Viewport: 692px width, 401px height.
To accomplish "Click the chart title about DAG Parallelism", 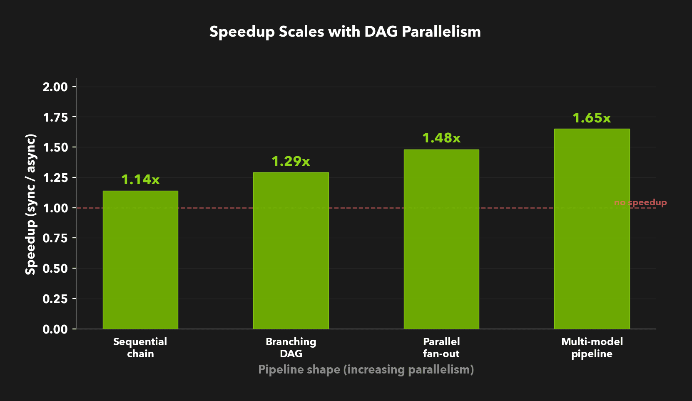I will (x=345, y=32).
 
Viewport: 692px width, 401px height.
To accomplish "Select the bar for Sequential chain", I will (x=140, y=260).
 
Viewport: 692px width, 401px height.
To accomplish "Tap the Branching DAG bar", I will (x=291, y=251).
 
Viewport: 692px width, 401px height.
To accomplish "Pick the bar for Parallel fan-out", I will (x=441, y=239).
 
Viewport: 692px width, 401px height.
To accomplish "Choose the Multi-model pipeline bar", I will (x=592, y=229).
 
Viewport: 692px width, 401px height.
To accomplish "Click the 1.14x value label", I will (x=140, y=179).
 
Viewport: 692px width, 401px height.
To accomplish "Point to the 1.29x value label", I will (x=291, y=161).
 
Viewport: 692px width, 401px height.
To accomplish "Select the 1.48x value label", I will (x=441, y=138).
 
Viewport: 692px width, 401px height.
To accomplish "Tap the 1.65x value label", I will (x=592, y=118).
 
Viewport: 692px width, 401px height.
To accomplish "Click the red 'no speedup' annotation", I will (x=640, y=202).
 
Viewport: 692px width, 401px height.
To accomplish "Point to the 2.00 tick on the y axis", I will (x=55, y=87).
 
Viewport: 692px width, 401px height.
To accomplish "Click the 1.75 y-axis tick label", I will (x=55, y=117).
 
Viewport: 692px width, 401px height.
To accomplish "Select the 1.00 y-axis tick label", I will (x=55, y=208).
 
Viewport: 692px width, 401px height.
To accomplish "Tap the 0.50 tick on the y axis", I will (x=55, y=269).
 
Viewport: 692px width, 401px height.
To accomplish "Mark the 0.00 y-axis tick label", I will (x=55, y=329).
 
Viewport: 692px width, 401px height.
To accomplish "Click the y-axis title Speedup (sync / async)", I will (x=30, y=204).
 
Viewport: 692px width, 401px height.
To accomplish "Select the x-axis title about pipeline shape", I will (x=366, y=369).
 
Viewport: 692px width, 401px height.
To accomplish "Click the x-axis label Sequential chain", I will (x=140, y=348).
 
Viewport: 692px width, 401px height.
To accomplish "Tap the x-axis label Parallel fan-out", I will (x=441, y=348).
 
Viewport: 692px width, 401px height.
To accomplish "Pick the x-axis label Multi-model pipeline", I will (x=592, y=348).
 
